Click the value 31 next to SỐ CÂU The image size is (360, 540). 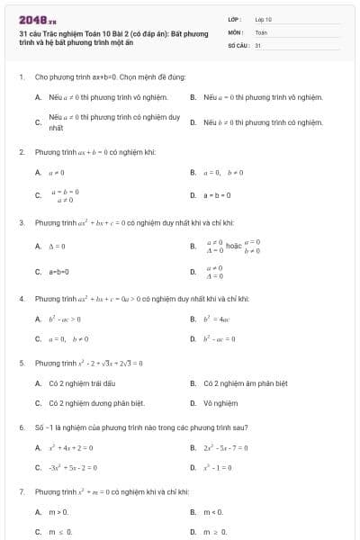(x=258, y=44)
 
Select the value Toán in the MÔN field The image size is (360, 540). (x=261, y=31)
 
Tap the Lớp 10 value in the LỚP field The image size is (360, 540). (x=264, y=19)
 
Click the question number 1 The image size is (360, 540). (x=21, y=77)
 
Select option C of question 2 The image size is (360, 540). (x=62, y=194)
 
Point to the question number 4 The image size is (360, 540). (x=21, y=298)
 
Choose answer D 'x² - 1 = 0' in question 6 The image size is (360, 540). (x=221, y=467)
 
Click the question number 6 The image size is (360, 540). (x=21, y=427)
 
